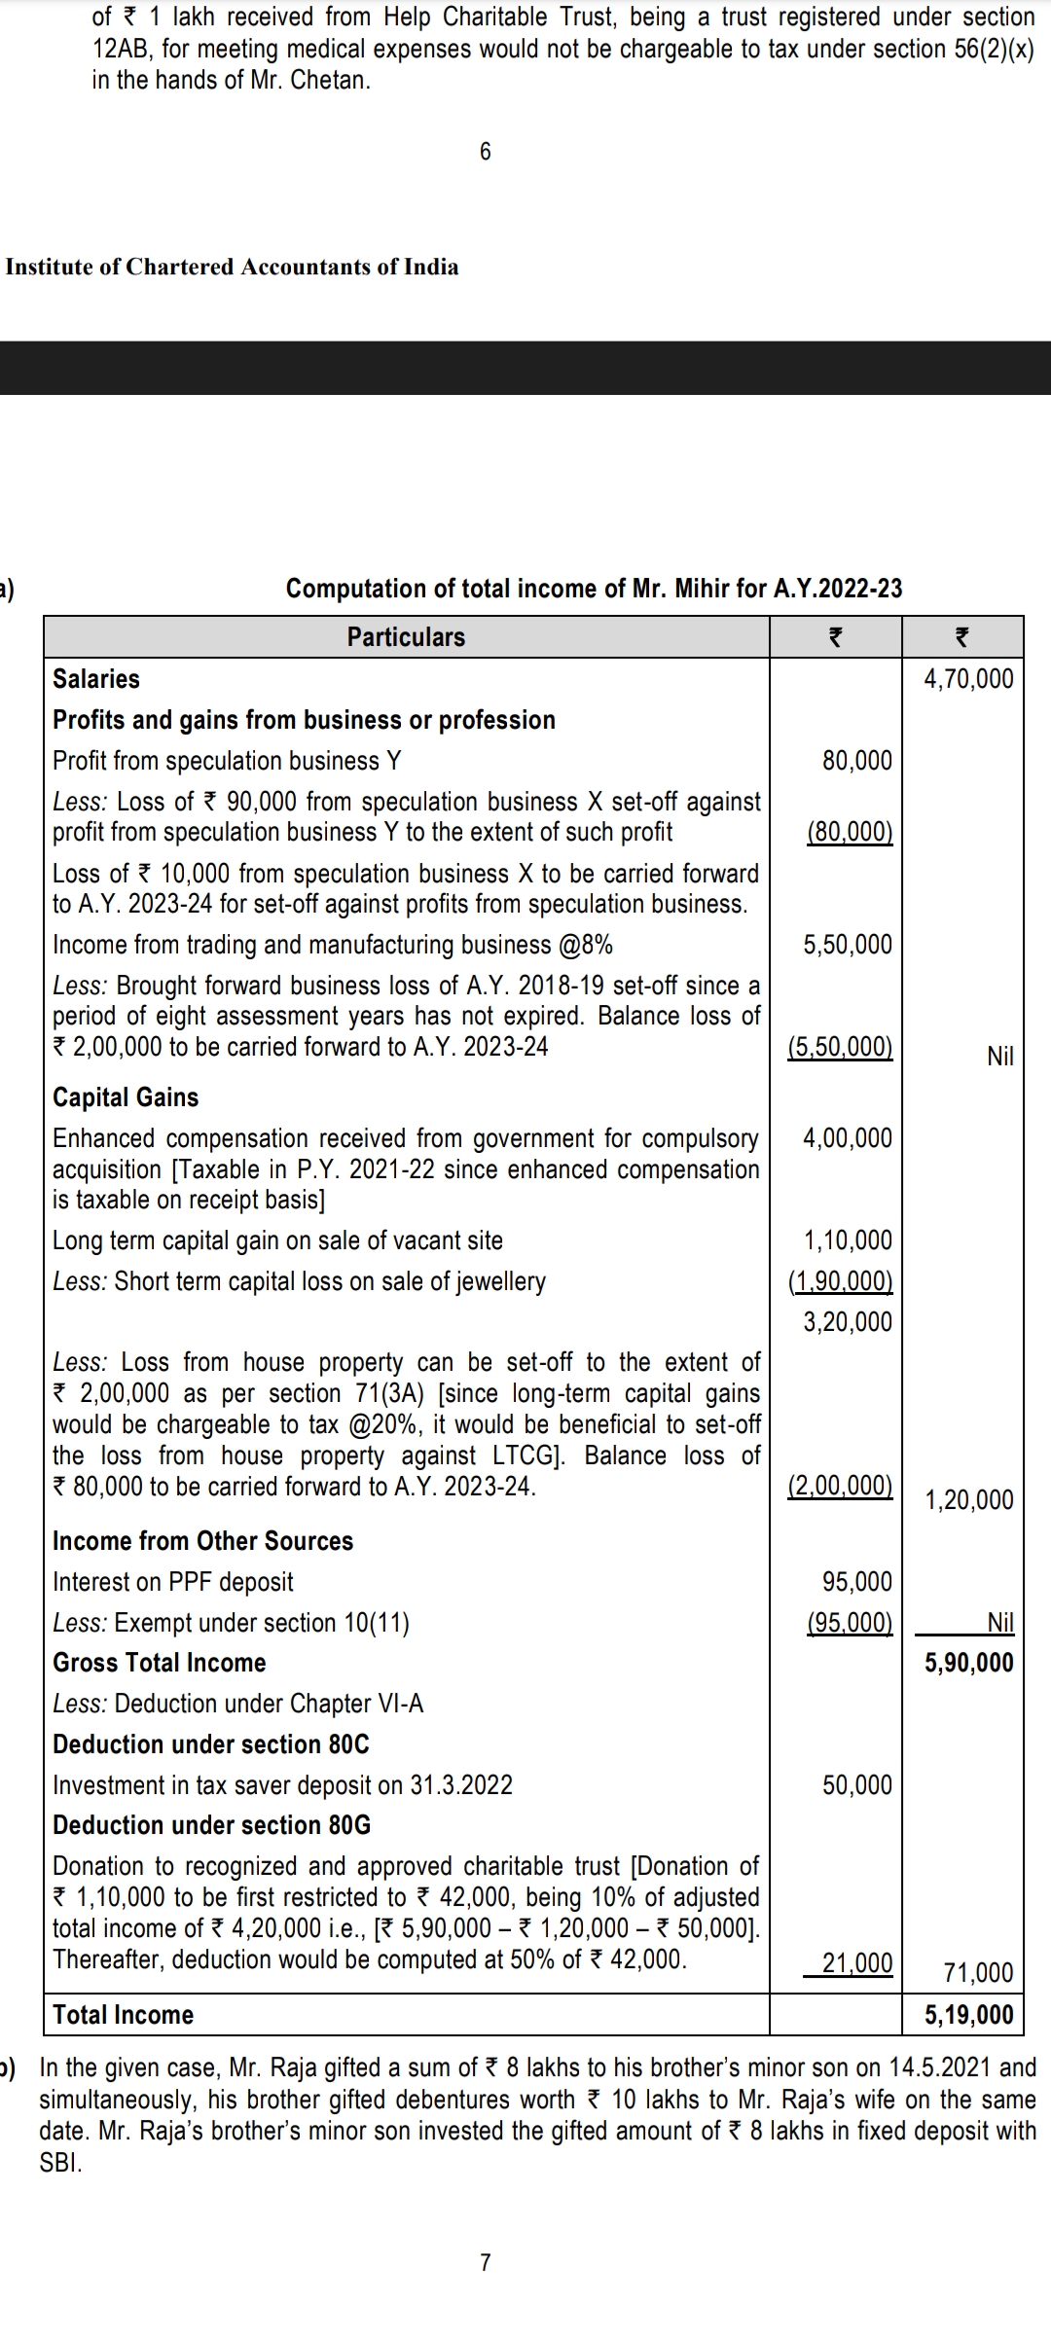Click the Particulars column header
pos(406,637)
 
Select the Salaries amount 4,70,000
pos(968,679)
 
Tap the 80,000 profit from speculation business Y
pos(856,761)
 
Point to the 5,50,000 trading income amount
pos(847,945)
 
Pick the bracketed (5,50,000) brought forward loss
pos(840,1047)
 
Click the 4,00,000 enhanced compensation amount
pos(847,1138)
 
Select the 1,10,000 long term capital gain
pos(847,1240)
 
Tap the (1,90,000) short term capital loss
pos(840,1281)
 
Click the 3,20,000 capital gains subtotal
pos(847,1322)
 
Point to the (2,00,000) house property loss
pos(840,1486)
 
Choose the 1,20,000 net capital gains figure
pos(968,1500)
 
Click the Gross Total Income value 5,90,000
pos(968,1663)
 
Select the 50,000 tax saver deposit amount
pos(856,1785)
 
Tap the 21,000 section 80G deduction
pos(856,1963)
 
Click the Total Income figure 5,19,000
pos(968,2015)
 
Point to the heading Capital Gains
pos(126,1097)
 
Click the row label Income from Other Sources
pos(202,1541)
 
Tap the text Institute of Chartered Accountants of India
pos(232,268)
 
